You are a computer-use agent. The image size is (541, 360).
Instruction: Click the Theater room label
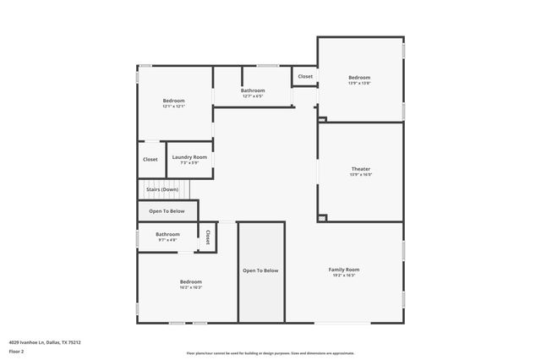click(360, 169)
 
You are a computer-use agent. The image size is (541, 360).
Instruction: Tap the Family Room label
click(344, 270)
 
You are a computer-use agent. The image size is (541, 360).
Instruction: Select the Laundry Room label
click(189, 157)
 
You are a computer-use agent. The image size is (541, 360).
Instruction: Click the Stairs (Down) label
click(162, 189)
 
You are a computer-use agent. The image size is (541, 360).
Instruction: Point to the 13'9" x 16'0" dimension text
click(360, 175)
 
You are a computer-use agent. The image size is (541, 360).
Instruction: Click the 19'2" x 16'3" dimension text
click(344, 275)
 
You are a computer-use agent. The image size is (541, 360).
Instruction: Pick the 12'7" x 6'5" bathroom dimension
click(253, 96)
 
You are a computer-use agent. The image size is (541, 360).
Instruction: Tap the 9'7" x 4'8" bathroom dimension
click(167, 240)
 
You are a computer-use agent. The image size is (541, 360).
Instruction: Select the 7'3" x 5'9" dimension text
click(189, 163)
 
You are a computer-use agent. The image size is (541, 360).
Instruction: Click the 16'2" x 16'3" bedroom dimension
click(190, 287)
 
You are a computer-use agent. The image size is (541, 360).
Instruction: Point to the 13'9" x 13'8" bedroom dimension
click(359, 83)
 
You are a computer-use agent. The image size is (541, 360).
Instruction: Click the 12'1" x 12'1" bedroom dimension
click(173, 106)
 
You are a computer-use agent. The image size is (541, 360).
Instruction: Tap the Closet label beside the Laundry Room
click(150, 160)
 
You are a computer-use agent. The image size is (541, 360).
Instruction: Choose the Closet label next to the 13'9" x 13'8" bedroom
click(305, 77)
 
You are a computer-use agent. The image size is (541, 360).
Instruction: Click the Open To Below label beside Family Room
click(260, 270)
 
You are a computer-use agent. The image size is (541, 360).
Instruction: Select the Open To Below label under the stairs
click(167, 211)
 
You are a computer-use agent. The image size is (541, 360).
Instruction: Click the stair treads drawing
click(152, 189)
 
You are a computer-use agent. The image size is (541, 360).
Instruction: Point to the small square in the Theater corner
click(322, 217)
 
